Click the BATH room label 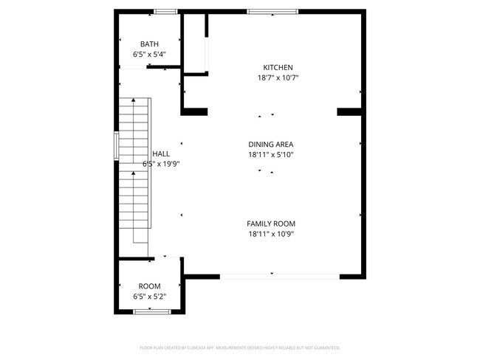[x=149, y=44]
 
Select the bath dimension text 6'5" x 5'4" [x=149, y=54]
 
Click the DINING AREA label [x=272, y=145]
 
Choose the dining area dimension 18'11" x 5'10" [x=272, y=155]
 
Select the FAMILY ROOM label [x=272, y=224]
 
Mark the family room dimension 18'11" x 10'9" [x=272, y=234]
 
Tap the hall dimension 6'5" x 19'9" [x=160, y=164]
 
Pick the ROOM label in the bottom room [x=149, y=286]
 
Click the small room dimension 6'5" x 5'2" [x=149, y=297]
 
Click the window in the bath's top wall [x=165, y=11]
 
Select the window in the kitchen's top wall [x=272, y=11]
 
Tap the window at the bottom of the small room [x=152, y=312]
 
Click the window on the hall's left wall [x=115, y=146]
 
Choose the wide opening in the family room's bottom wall [x=280, y=276]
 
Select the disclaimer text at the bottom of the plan [x=240, y=347]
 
